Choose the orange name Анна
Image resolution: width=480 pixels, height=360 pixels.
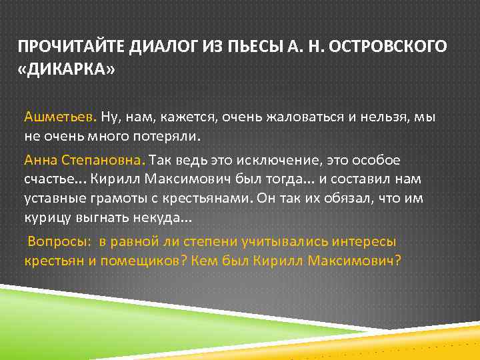(41, 161)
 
